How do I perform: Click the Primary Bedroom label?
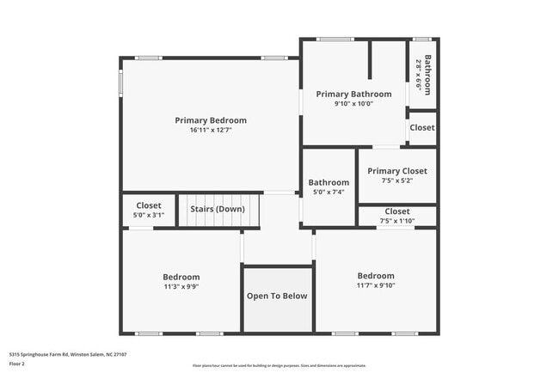[x=211, y=120]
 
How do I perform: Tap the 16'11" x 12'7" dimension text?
[x=211, y=131]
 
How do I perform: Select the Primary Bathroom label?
[x=353, y=94]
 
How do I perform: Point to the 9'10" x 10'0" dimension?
[x=353, y=104]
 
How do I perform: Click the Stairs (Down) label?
[x=218, y=209]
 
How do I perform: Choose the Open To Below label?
[x=277, y=297]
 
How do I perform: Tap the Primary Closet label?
[x=397, y=171]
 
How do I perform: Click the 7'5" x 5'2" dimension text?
[x=397, y=181]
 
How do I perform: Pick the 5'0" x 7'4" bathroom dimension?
[x=329, y=193]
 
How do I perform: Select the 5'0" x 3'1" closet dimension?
[x=149, y=216]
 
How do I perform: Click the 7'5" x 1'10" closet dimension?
[x=397, y=221]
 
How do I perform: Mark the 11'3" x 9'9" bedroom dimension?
[x=181, y=287]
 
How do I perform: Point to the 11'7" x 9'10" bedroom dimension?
[x=376, y=286]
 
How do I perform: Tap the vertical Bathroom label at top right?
[x=427, y=76]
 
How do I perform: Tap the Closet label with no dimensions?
[x=422, y=128]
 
